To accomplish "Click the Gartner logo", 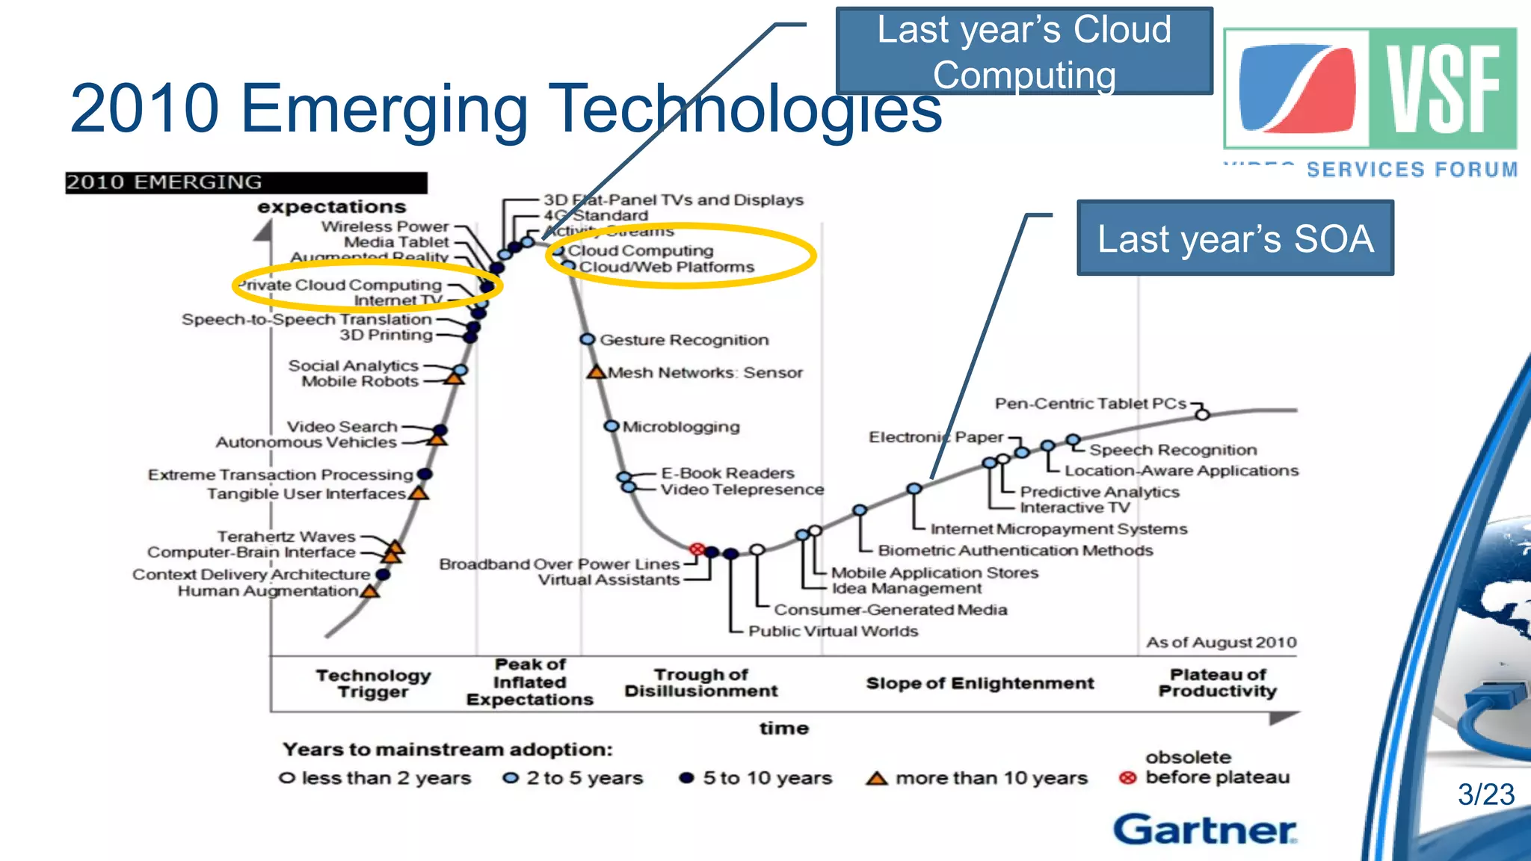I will [1204, 830].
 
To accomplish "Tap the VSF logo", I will [1370, 89].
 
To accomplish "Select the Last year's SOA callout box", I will [1235, 238].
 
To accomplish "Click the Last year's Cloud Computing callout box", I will [1023, 52].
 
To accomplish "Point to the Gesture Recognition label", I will [683, 340].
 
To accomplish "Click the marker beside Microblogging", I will [612, 426].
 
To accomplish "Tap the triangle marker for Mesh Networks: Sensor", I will [596, 371].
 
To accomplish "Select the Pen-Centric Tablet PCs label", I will [1090, 404].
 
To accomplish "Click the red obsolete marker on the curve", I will [697, 549].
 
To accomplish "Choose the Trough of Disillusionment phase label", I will [700, 682].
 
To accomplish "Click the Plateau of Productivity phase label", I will [1217, 682].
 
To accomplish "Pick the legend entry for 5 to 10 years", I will [756, 778].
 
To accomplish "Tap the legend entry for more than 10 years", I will [976, 778].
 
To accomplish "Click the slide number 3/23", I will [1485, 794].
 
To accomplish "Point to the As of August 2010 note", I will [1221, 642].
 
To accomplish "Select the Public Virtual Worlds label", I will [833, 631].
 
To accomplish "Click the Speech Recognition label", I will [1172, 450].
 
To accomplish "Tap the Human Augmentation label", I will [268, 591].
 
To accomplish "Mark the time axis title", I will [783, 728].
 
